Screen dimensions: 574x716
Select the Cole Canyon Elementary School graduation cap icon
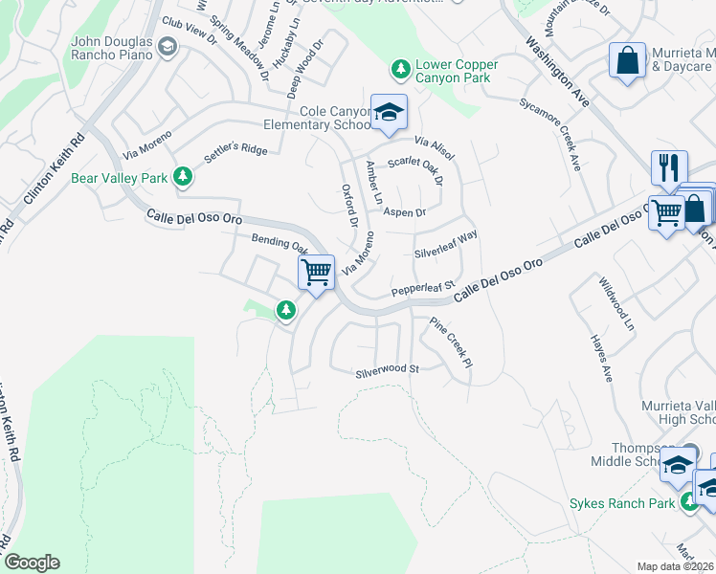[x=389, y=112]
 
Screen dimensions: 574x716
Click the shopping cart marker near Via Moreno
[x=316, y=271]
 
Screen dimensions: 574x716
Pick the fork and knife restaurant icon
[x=669, y=167]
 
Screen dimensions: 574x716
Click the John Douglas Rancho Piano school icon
[x=168, y=48]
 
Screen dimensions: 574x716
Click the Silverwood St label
[x=388, y=369]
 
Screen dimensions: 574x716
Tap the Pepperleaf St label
[x=421, y=288]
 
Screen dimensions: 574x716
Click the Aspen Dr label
[x=404, y=211]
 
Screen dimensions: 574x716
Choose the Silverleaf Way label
[x=445, y=244]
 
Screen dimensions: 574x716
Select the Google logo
[x=32, y=563]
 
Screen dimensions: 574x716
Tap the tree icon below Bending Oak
[x=284, y=310]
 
